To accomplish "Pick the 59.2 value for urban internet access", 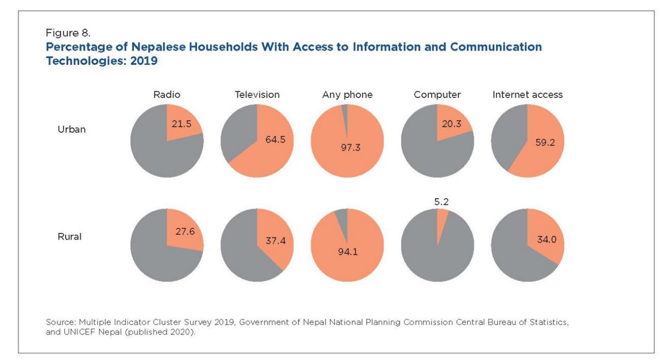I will [x=545, y=142].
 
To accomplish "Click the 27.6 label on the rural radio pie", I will [x=185, y=232].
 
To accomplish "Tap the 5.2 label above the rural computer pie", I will [x=441, y=202].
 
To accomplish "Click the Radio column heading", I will [x=167, y=95].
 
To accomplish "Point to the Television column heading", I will [x=257, y=95].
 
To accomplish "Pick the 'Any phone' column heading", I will [x=347, y=95].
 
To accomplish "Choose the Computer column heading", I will [x=437, y=95].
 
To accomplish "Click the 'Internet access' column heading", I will [x=527, y=95].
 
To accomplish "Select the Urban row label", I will [x=71, y=129].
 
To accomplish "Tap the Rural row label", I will [x=69, y=237].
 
